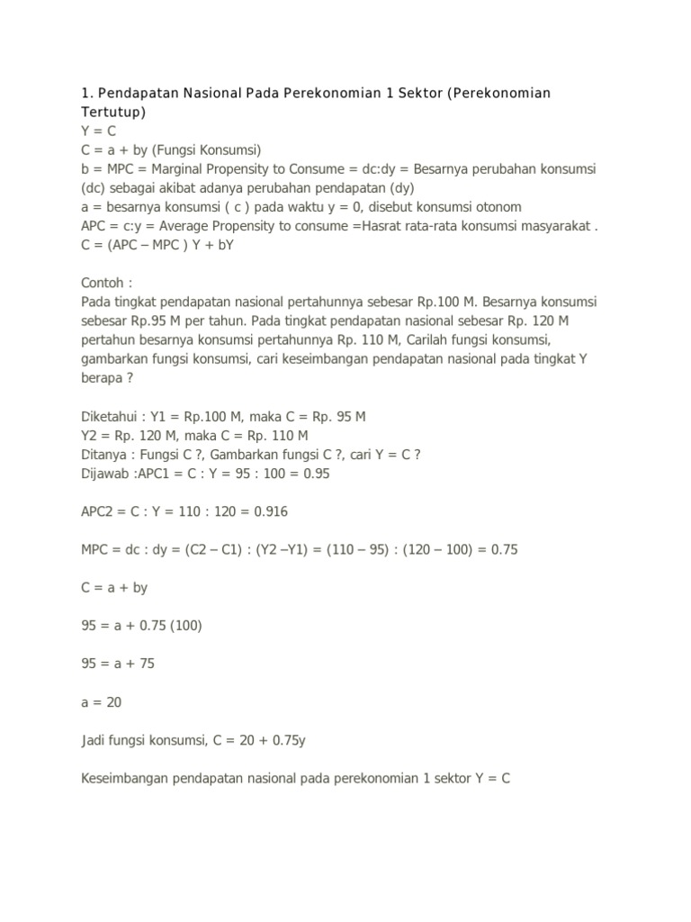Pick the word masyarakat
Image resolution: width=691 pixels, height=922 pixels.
click(x=549, y=225)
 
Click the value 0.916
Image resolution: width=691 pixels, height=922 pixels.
click(x=269, y=511)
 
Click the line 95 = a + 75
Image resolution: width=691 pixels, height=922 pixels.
click(x=119, y=663)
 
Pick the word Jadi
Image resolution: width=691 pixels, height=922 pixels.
click(x=94, y=738)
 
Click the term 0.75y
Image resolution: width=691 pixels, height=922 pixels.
click(x=292, y=738)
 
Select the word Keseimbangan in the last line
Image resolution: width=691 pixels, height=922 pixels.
click(x=128, y=776)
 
